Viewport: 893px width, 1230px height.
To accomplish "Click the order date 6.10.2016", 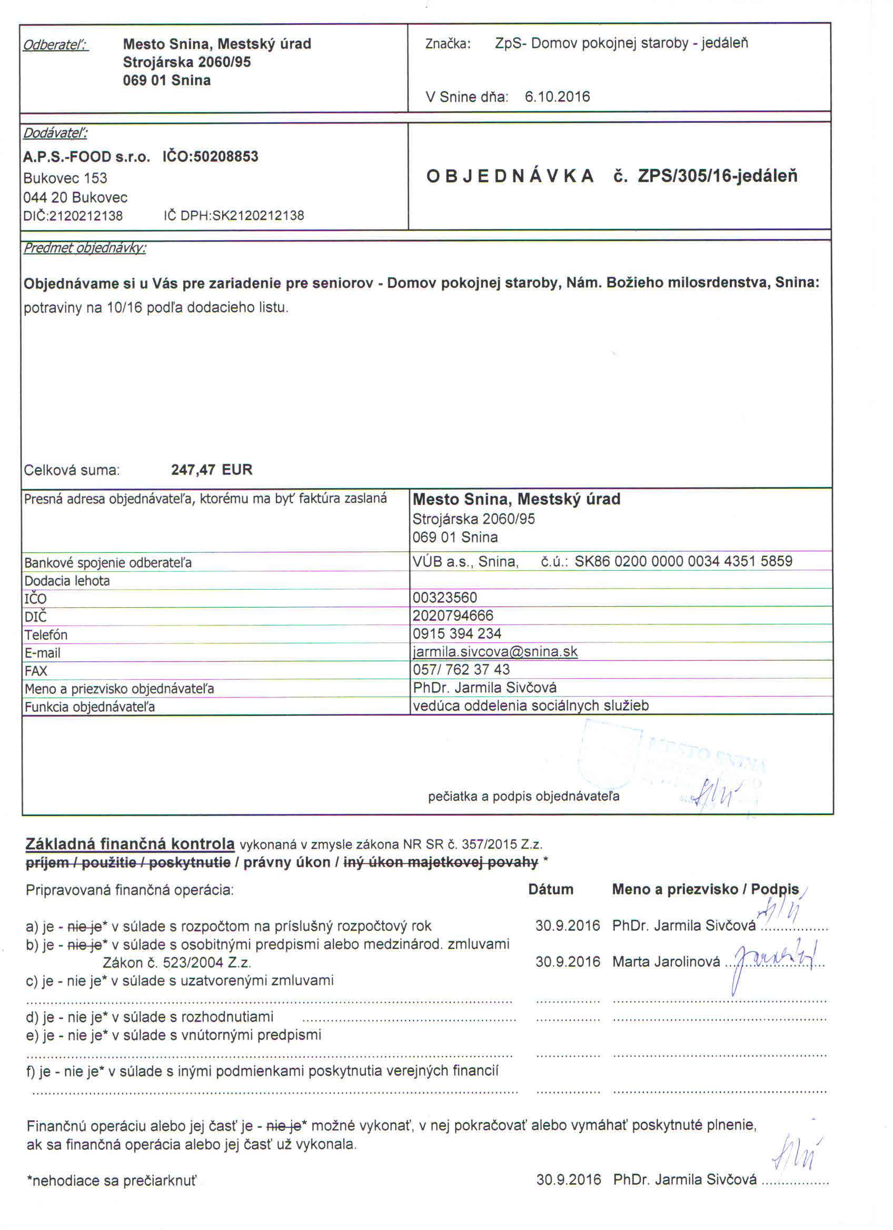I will (557, 97).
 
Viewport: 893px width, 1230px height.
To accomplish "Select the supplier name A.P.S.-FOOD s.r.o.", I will (86, 157).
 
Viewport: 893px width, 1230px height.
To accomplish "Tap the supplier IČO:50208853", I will (211, 157).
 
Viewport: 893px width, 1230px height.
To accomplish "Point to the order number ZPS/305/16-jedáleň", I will (717, 176).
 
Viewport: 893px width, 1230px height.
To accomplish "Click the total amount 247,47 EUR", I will (212, 470).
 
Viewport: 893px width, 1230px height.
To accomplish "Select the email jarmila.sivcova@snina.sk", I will (495, 651).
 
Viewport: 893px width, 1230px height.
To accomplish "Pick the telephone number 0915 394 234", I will (457, 633).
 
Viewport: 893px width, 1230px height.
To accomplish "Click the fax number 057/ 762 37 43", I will (461, 669).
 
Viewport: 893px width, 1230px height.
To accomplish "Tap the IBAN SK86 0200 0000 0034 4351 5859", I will (683, 561).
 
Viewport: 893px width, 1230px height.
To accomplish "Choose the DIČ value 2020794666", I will (453, 616).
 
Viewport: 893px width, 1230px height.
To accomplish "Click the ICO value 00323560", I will (444, 598).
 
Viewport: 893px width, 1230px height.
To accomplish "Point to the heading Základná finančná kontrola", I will (130, 845).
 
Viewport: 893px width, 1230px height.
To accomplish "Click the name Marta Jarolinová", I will (666, 962).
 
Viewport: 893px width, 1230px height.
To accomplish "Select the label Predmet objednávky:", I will (85, 249).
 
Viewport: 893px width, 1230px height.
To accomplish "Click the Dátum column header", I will (550, 889).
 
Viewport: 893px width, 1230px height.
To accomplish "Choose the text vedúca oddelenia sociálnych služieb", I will (530, 706).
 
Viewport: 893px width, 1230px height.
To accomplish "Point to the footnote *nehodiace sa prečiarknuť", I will (111, 1181).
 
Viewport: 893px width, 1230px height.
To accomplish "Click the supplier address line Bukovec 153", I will (65, 178).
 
